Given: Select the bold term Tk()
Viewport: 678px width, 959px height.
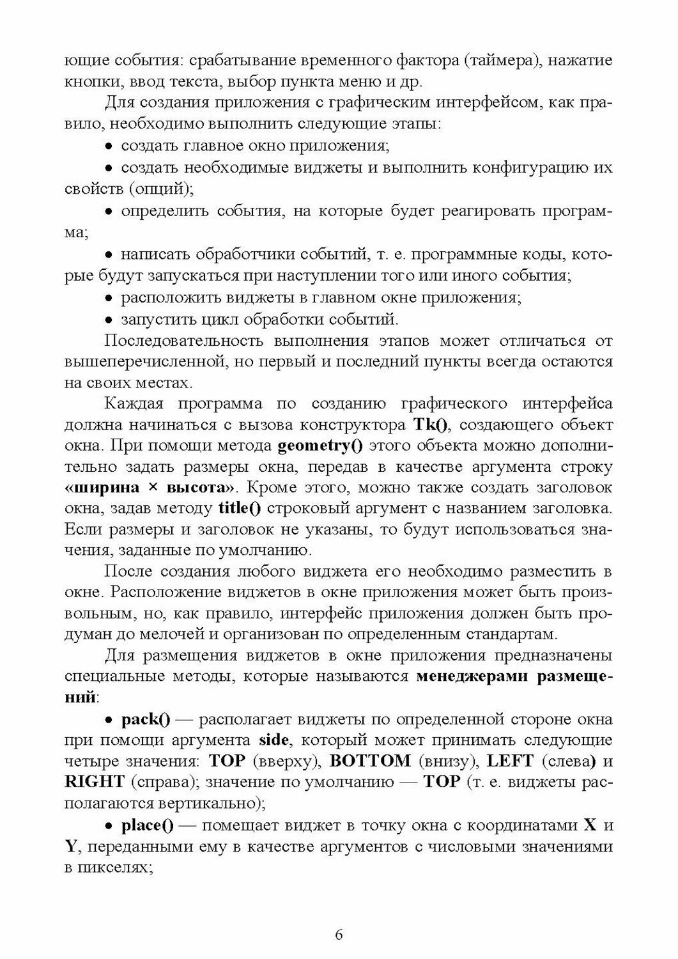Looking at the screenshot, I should [x=433, y=425].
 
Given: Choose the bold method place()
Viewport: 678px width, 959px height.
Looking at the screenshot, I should [x=148, y=825].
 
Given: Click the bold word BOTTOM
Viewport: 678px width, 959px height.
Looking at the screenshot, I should [x=371, y=761].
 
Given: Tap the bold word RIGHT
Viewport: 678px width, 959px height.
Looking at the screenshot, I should [x=95, y=783].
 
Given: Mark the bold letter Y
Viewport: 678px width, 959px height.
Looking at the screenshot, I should [x=71, y=847].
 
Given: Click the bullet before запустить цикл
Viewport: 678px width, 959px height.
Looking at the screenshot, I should [x=109, y=319].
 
